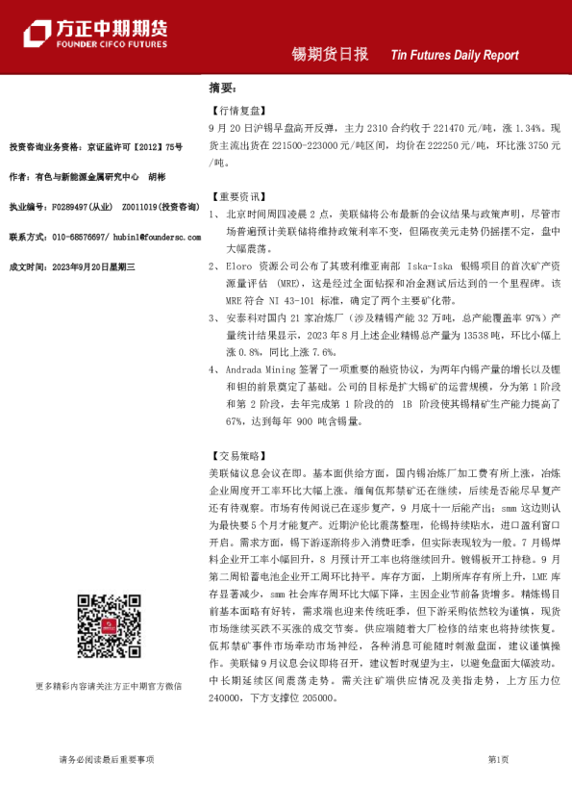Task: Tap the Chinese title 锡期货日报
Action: tap(331, 55)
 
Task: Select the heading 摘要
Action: tap(222, 88)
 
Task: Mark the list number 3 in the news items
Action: tap(212, 316)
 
